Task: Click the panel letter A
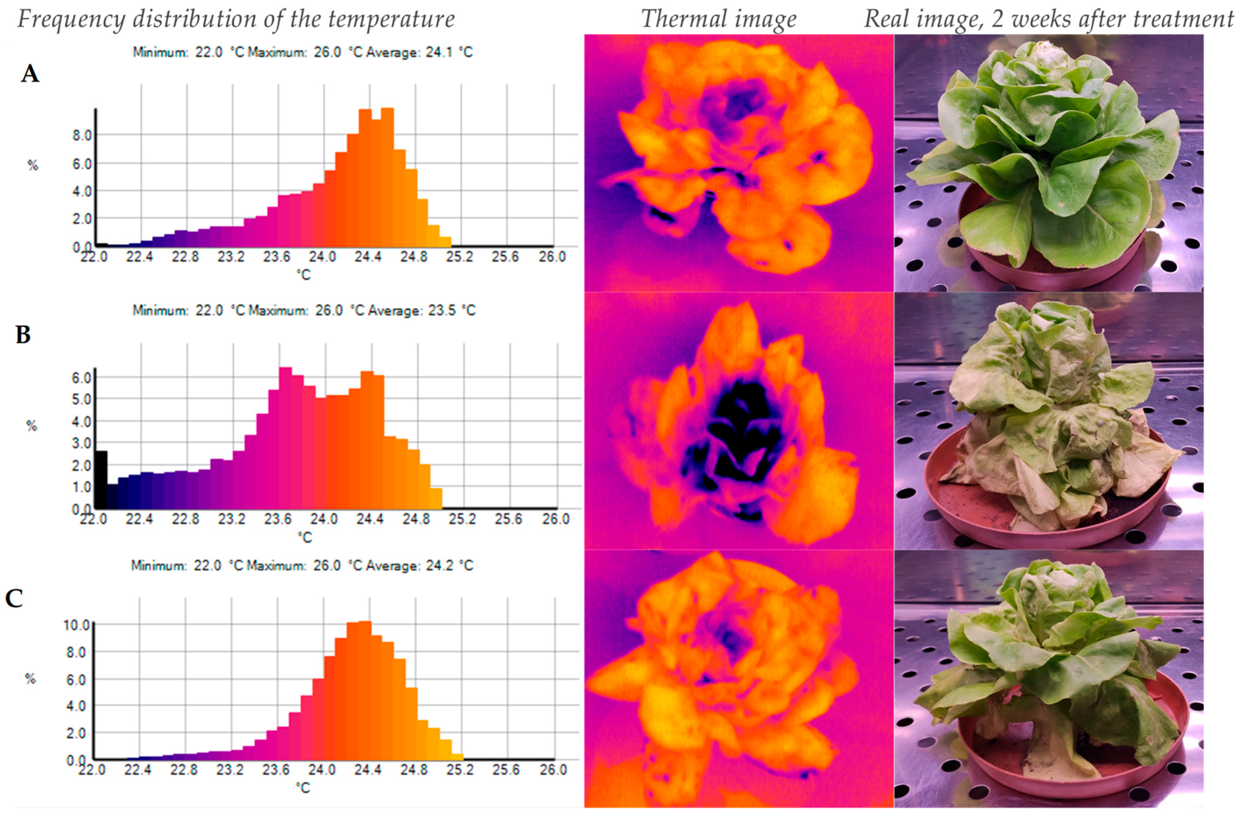[x=30, y=74]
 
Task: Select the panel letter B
[x=23, y=335]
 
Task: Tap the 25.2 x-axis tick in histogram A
[x=459, y=257]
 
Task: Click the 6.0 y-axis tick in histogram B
[x=81, y=377]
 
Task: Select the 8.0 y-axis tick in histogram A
[x=81, y=136]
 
